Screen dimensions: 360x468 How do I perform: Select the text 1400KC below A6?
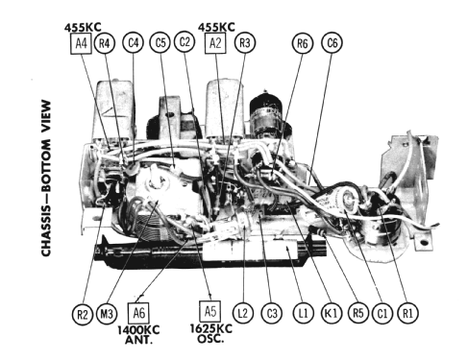[x=139, y=328]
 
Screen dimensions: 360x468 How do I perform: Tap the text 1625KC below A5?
[x=209, y=328]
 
